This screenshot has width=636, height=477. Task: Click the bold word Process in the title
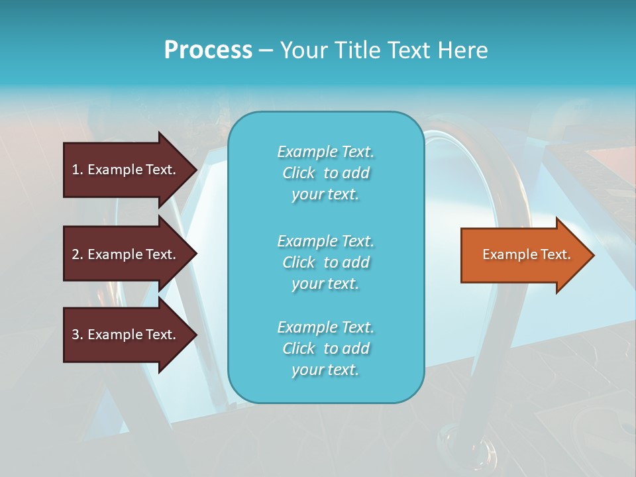tap(208, 50)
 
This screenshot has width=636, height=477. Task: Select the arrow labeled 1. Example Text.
tap(126, 170)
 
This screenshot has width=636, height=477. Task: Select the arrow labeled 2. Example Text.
tap(126, 254)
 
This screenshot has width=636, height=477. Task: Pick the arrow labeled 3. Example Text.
tap(126, 335)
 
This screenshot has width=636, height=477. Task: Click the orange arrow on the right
tap(523, 255)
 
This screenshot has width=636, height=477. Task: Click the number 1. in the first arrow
tap(78, 170)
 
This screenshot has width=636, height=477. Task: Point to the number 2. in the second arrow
tap(78, 254)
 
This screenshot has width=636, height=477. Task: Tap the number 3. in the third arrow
tap(78, 335)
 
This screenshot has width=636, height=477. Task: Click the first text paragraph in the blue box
tap(325, 173)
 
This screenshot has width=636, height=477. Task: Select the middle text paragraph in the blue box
tap(325, 262)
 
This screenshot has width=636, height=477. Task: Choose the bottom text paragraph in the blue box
tap(325, 348)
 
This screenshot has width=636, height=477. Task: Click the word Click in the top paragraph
tap(299, 174)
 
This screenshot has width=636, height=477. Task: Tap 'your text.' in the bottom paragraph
tap(325, 370)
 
